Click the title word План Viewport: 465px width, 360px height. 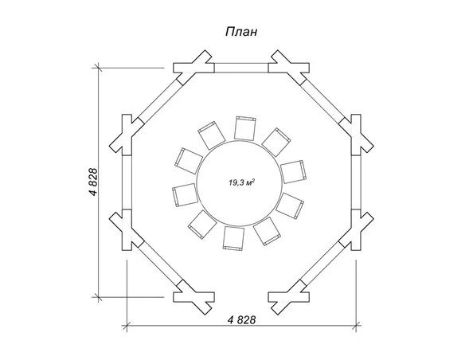241,32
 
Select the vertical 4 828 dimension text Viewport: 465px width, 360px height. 93,182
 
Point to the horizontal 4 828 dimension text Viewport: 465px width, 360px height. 242,319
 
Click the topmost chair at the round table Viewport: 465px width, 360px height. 245,127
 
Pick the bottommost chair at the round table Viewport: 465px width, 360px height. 233,238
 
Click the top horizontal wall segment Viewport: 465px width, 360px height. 241,68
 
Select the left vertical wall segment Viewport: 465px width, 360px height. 127,182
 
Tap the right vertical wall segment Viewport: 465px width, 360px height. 356,182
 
